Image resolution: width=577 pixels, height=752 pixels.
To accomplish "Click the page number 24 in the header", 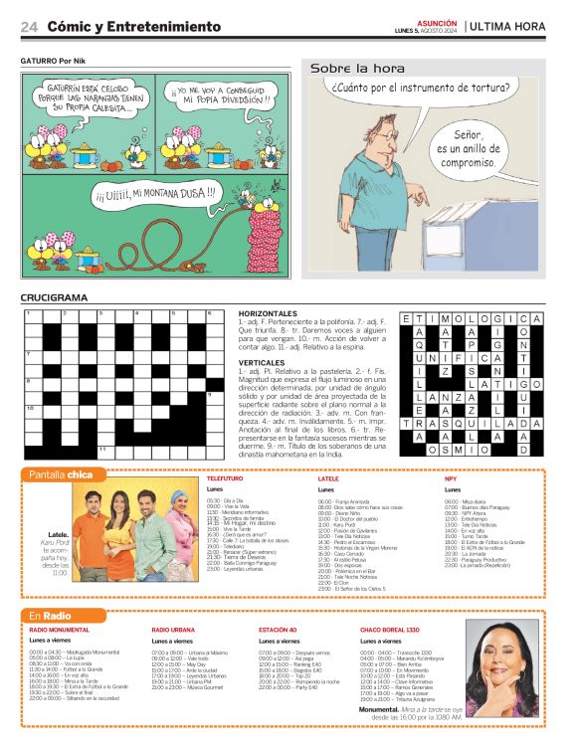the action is [x=29, y=26].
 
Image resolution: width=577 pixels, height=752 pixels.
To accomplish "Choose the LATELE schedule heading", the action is [x=328, y=479].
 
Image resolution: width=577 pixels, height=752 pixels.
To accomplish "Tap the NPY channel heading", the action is [x=451, y=479].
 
